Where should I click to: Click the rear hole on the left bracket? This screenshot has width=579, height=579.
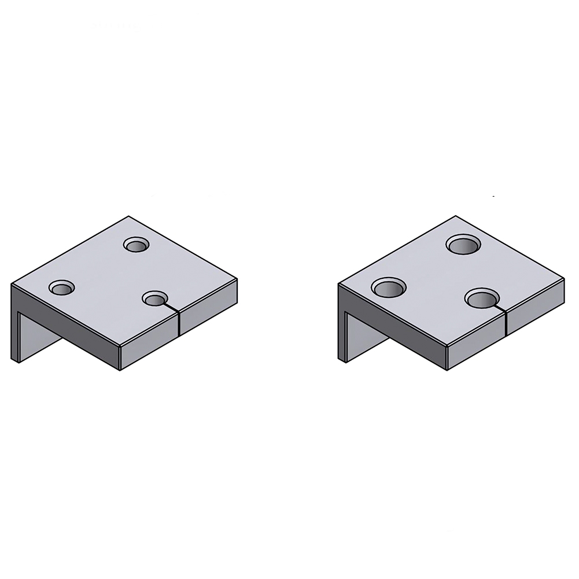(x=137, y=246)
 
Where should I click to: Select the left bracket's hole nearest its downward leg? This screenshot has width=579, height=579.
(x=61, y=287)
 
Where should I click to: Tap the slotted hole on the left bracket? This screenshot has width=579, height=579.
(x=154, y=299)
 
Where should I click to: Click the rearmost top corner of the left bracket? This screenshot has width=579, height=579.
(x=128, y=217)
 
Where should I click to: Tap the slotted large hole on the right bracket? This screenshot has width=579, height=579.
(x=483, y=299)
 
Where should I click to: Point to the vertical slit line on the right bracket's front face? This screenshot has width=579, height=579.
(x=506, y=324)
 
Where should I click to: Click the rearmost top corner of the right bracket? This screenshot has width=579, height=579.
(x=455, y=217)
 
